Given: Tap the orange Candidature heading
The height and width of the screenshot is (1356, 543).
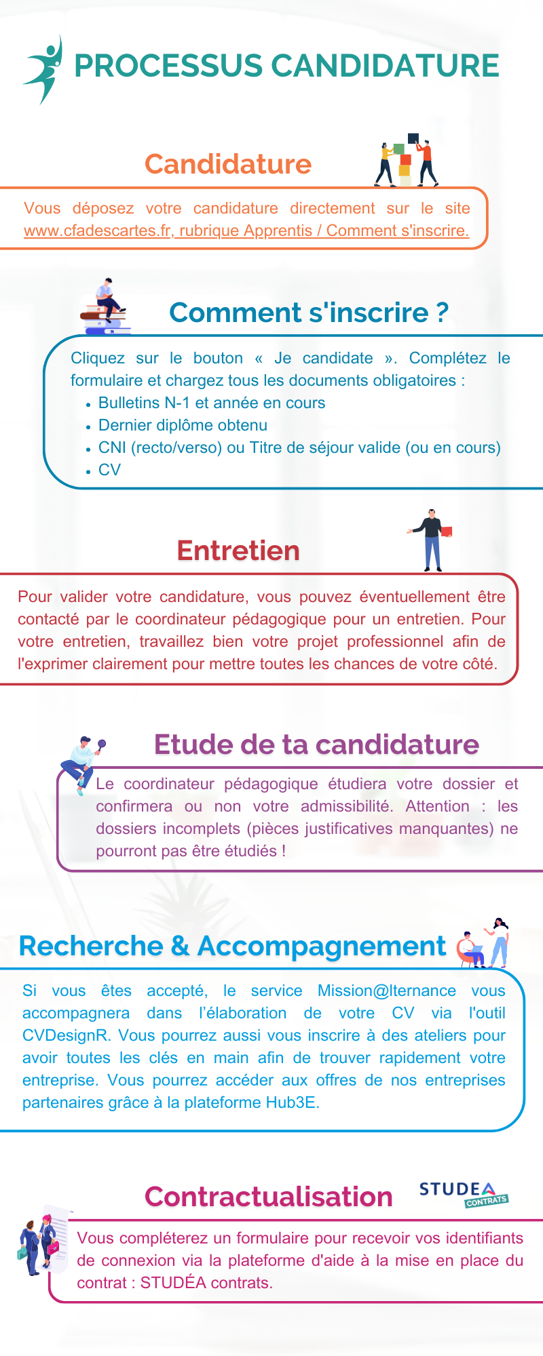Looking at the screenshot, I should [228, 164].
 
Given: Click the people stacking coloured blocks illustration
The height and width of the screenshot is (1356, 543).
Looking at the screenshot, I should [407, 161].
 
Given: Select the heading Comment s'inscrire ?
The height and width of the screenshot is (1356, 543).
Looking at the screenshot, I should [309, 313].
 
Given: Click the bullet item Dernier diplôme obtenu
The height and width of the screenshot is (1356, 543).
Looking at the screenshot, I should [183, 425].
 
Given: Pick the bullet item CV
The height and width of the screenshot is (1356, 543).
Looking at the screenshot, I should [109, 470].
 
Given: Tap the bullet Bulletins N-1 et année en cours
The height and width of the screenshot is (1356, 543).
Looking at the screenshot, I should [212, 403].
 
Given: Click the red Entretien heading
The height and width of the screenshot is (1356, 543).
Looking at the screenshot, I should [238, 551].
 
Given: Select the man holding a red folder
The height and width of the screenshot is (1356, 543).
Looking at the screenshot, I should [431, 540].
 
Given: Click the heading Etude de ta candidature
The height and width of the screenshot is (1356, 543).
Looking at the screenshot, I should [316, 744].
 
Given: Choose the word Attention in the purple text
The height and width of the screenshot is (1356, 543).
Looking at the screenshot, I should [437, 806].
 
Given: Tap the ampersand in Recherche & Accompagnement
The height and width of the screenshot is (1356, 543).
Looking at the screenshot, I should [181, 946].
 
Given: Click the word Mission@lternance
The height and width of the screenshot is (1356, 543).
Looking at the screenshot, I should [387, 991].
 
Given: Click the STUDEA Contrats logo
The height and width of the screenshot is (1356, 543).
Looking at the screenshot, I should [463, 1194].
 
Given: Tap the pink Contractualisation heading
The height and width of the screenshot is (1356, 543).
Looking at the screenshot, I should [269, 1197].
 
